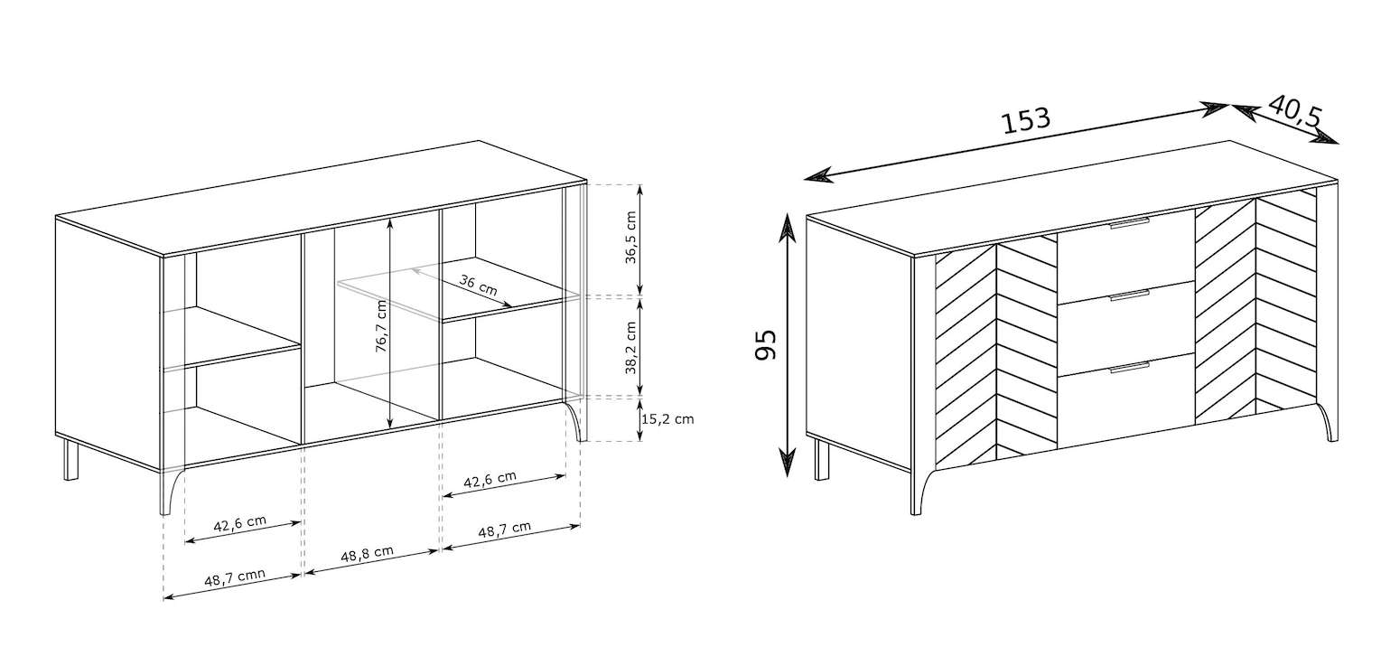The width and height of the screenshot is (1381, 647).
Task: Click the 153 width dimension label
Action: tap(1025, 121)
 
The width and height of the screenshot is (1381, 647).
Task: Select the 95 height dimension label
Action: tap(766, 345)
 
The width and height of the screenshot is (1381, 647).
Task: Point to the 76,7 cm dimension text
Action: tap(382, 326)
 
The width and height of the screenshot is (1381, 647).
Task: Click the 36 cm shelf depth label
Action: tap(479, 285)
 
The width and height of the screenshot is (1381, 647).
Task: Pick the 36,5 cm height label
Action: tap(630, 238)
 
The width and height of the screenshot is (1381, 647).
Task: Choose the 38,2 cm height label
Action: tap(630, 348)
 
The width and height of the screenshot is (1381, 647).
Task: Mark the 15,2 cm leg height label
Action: tap(667, 419)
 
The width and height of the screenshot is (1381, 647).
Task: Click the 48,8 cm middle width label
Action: tap(368, 553)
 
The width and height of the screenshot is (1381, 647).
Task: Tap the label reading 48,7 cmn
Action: tap(235, 577)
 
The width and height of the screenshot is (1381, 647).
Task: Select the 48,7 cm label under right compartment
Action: tap(504, 530)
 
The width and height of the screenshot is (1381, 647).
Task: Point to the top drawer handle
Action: tap(1130, 223)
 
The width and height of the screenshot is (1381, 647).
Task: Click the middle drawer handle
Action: tap(1130, 295)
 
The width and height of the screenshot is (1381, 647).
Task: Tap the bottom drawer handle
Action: tap(1130, 368)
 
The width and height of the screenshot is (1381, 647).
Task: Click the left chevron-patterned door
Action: tap(996, 352)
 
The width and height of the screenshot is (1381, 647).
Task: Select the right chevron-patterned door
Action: tap(1255, 308)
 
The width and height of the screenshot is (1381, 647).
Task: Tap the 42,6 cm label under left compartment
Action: tap(240, 523)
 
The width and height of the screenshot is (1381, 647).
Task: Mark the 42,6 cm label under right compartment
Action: tap(490, 479)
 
